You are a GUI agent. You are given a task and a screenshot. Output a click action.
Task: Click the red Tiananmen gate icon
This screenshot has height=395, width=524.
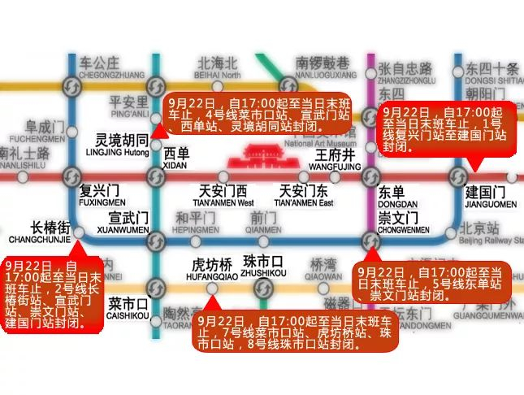tap(258, 153)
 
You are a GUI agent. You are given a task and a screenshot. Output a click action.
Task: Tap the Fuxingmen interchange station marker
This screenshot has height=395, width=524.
tap(71, 176)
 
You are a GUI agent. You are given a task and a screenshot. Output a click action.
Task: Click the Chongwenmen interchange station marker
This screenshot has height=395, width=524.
tap(371, 239)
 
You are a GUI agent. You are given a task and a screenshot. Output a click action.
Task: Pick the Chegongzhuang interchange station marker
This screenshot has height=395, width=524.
tap(71, 85)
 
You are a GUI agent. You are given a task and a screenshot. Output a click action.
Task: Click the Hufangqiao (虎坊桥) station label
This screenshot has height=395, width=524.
tap(212, 268)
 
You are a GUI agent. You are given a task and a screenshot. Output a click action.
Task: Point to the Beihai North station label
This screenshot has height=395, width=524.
tap(217, 68)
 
